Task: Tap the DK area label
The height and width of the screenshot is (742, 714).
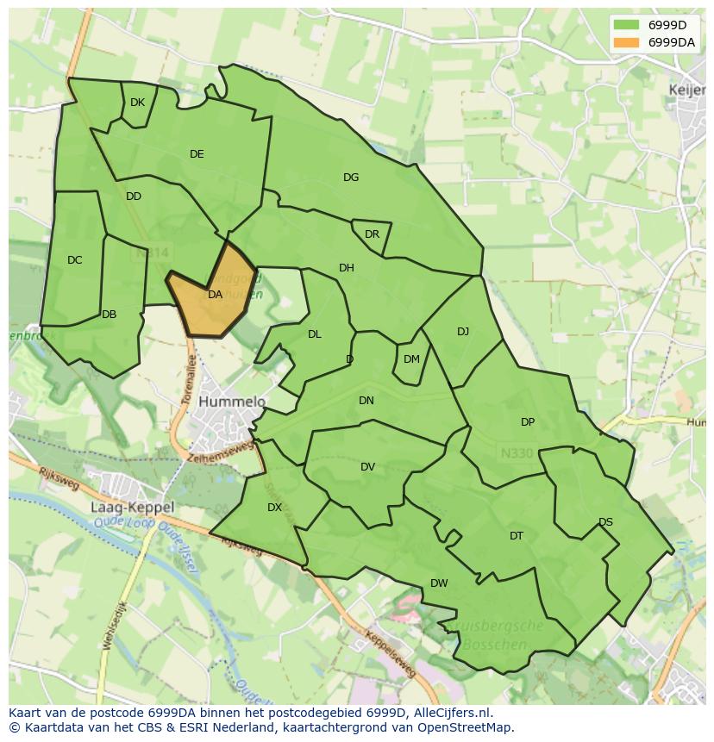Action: click(x=138, y=103)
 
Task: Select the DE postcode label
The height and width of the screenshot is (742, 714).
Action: click(x=197, y=154)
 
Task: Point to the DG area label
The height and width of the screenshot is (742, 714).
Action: click(x=351, y=178)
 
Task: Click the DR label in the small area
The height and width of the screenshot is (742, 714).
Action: click(x=372, y=234)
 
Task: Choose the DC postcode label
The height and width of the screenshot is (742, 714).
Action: click(x=75, y=260)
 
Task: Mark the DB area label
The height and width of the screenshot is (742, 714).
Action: click(x=109, y=315)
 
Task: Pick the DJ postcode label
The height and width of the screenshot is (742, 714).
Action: click(x=463, y=332)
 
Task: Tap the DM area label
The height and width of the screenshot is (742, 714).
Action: click(x=411, y=359)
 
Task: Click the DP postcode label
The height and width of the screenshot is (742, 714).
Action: click(x=528, y=422)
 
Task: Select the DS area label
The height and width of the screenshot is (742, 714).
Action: click(x=605, y=522)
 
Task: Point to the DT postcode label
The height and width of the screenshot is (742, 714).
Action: click(x=517, y=536)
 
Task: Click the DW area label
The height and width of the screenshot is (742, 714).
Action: click(x=439, y=583)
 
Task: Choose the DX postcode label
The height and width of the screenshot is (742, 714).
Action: click(x=274, y=508)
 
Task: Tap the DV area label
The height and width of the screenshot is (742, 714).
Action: click(x=368, y=467)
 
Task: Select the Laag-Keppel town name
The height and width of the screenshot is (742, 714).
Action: click(x=132, y=508)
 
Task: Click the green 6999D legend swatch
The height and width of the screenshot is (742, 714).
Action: click(x=627, y=24)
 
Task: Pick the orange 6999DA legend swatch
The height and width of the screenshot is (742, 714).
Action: click(x=627, y=41)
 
